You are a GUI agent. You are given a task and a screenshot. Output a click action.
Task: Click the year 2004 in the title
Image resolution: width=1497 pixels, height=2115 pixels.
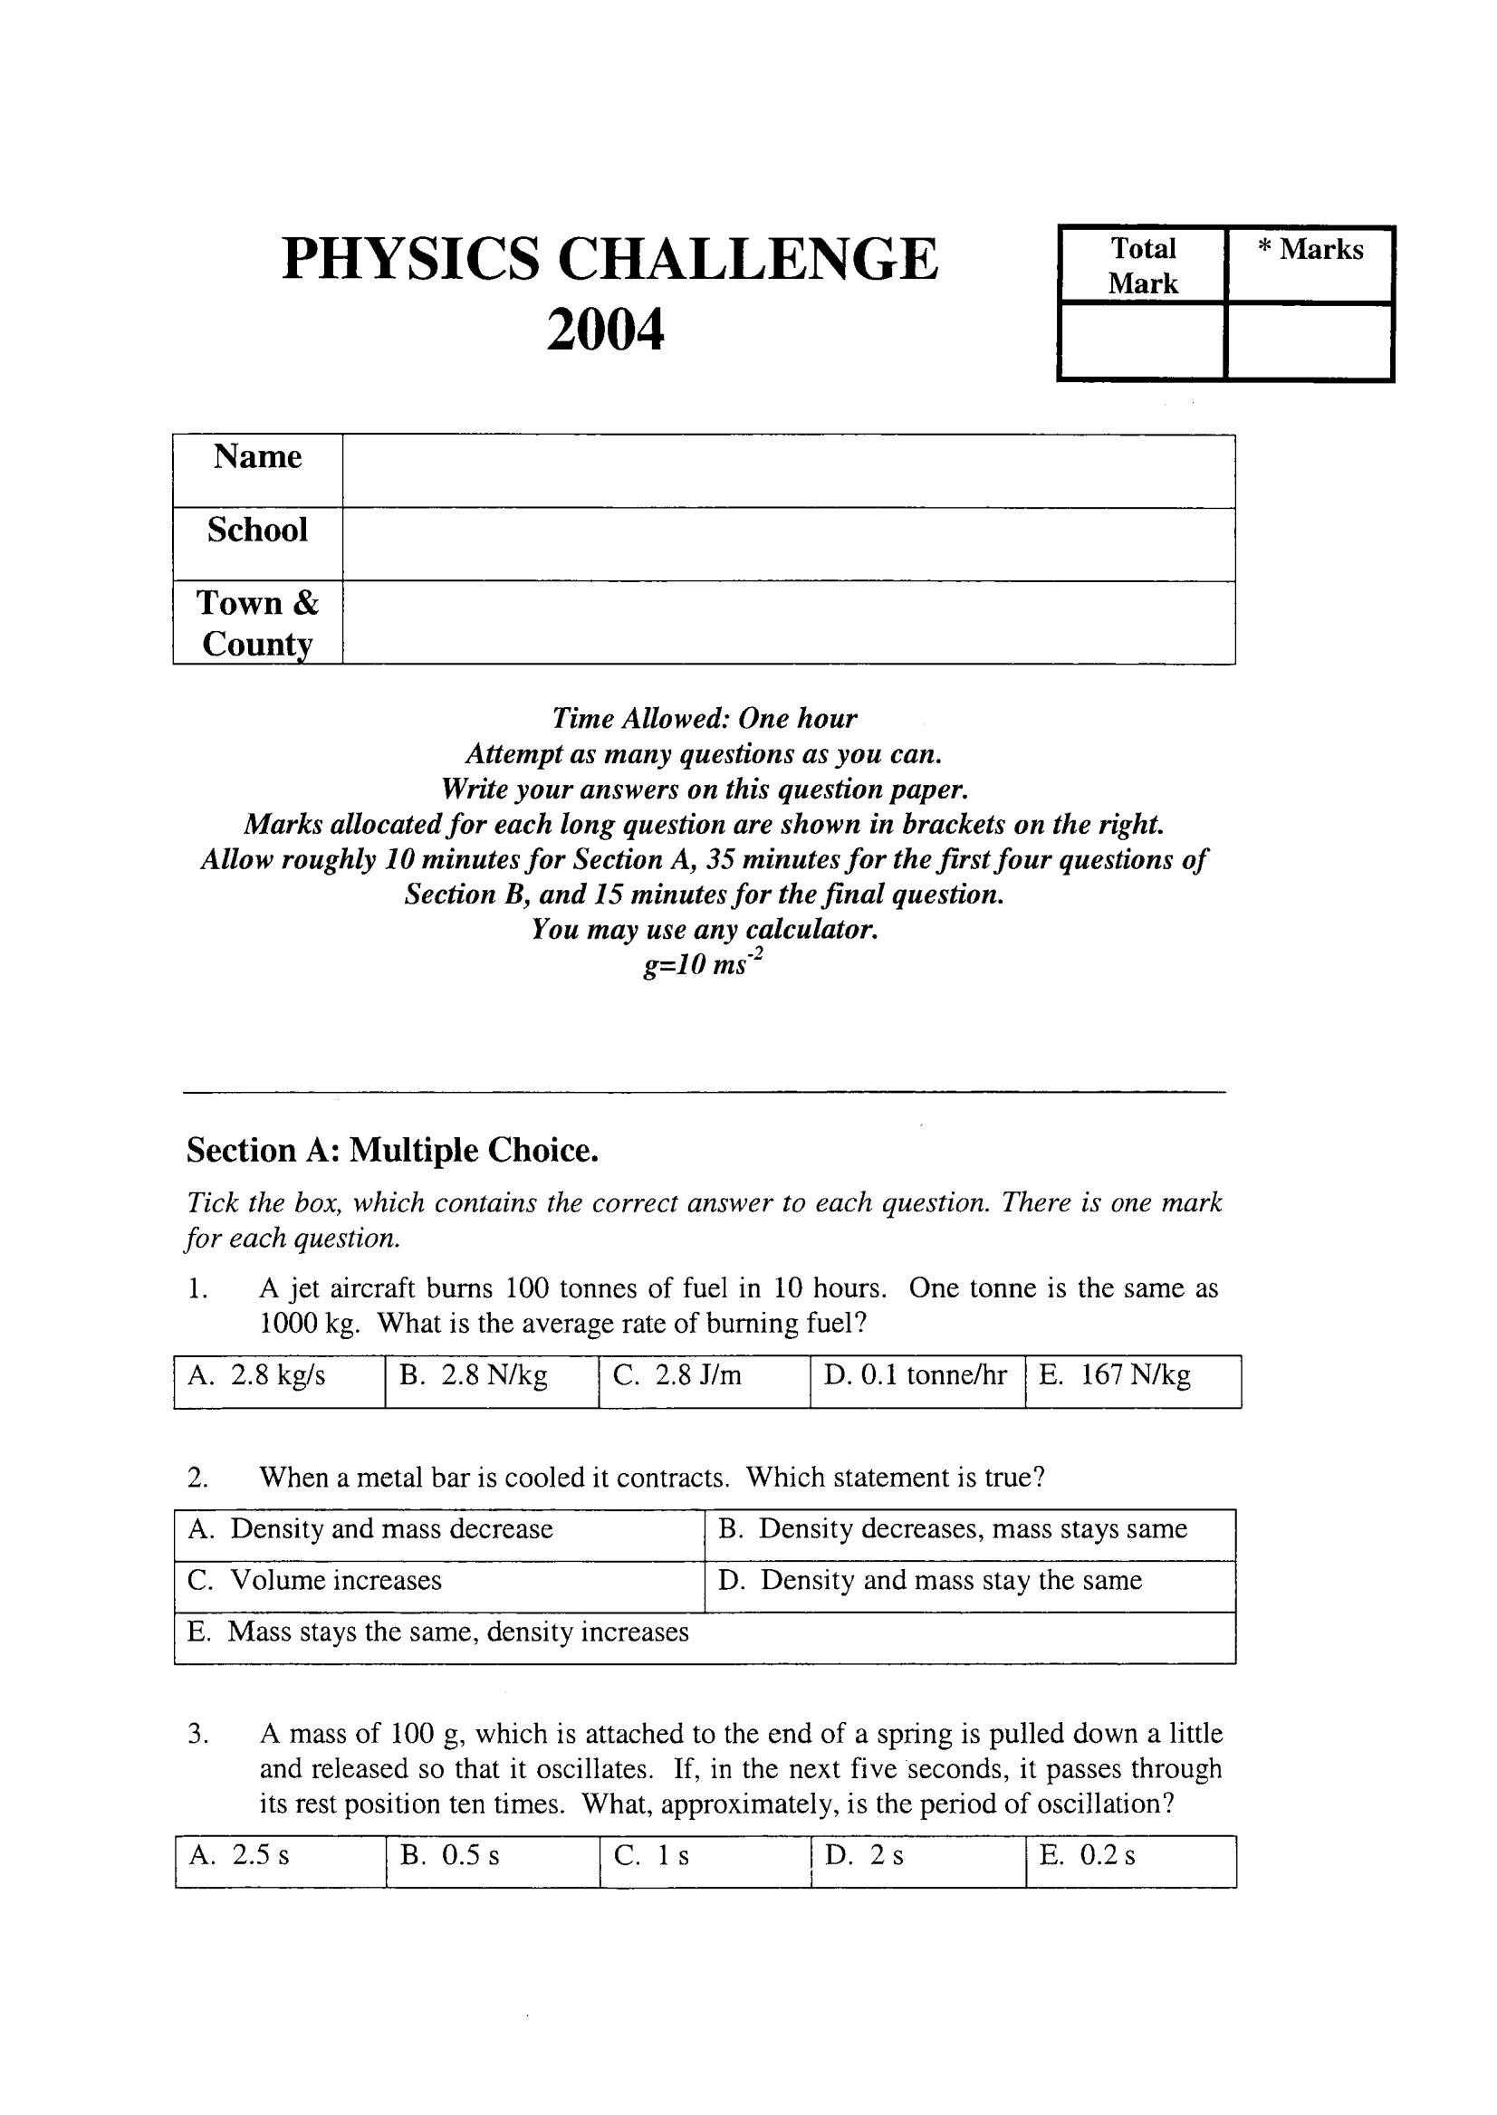click(605, 330)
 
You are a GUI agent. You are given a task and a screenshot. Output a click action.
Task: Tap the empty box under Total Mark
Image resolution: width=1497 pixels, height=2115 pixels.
click(1142, 341)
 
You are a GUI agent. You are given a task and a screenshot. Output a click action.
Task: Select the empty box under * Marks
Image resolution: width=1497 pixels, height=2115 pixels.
click(1309, 341)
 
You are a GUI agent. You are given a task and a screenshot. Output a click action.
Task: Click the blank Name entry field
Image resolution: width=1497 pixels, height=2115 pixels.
click(788, 470)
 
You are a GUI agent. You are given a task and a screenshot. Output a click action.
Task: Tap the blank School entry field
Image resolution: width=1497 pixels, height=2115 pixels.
click(788, 544)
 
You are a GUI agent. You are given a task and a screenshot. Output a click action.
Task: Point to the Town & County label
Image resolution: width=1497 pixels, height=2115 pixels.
click(257, 623)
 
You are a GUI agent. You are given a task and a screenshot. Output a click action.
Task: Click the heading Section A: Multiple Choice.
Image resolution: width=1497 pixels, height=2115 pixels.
click(393, 1150)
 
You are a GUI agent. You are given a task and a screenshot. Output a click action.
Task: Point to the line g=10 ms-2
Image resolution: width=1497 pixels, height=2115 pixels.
click(705, 967)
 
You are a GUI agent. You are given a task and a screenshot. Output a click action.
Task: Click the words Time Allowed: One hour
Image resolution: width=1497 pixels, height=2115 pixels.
click(705, 718)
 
